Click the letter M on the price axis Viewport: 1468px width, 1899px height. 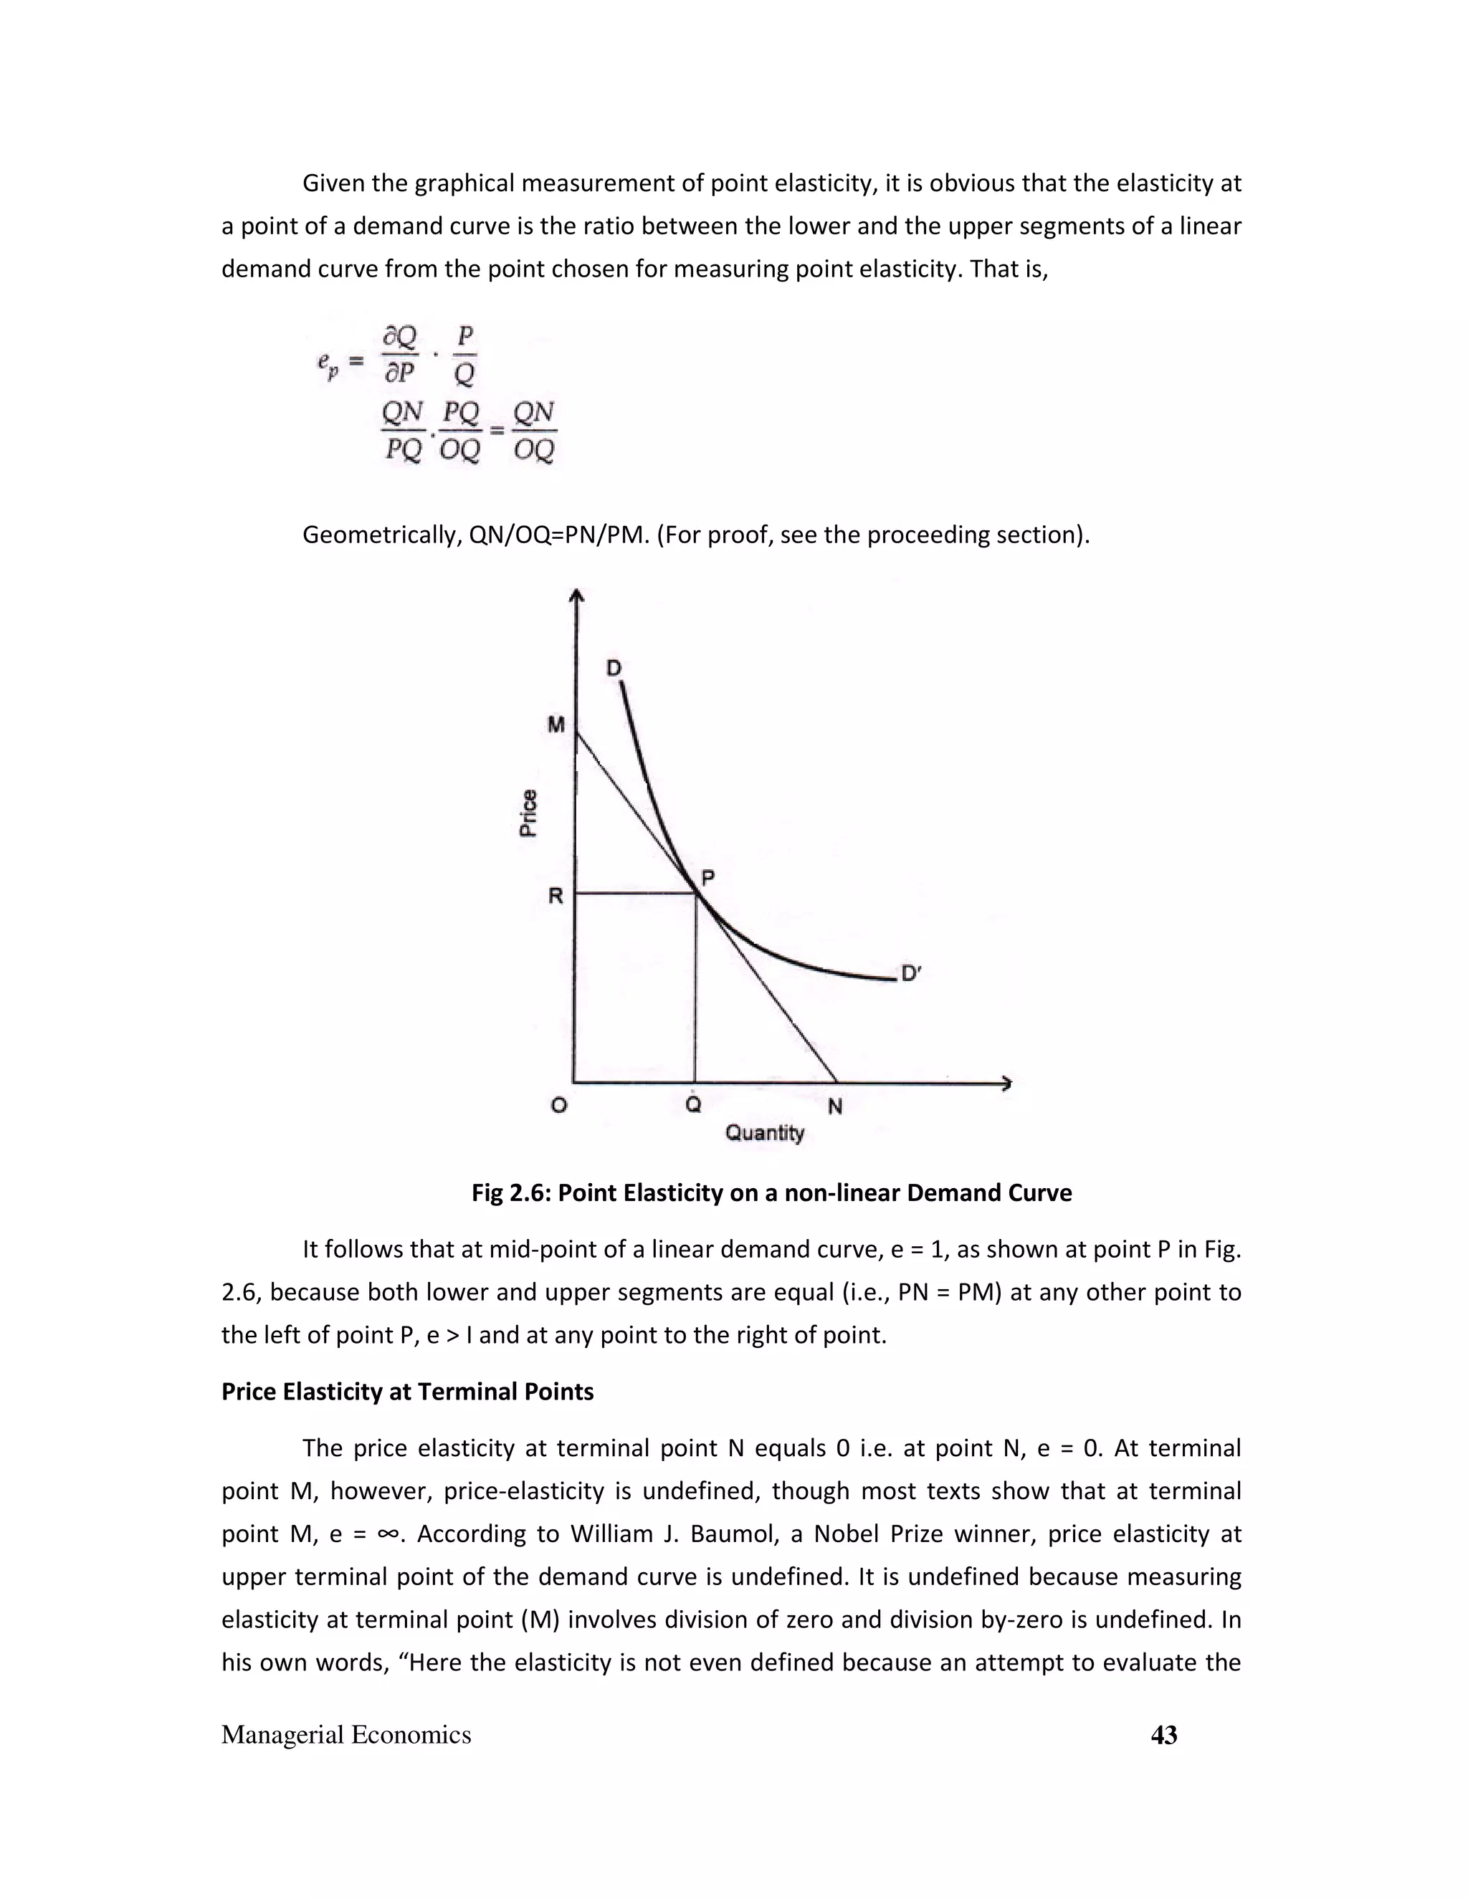point(556,724)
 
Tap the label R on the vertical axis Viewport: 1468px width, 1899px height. point(555,896)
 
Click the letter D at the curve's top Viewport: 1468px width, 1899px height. point(614,668)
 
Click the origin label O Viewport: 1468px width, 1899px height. point(559,1106)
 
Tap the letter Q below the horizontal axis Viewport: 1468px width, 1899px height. point(693,1104)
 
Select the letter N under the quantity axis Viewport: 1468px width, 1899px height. point(835,1106)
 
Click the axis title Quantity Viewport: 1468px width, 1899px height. point(764,1133)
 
